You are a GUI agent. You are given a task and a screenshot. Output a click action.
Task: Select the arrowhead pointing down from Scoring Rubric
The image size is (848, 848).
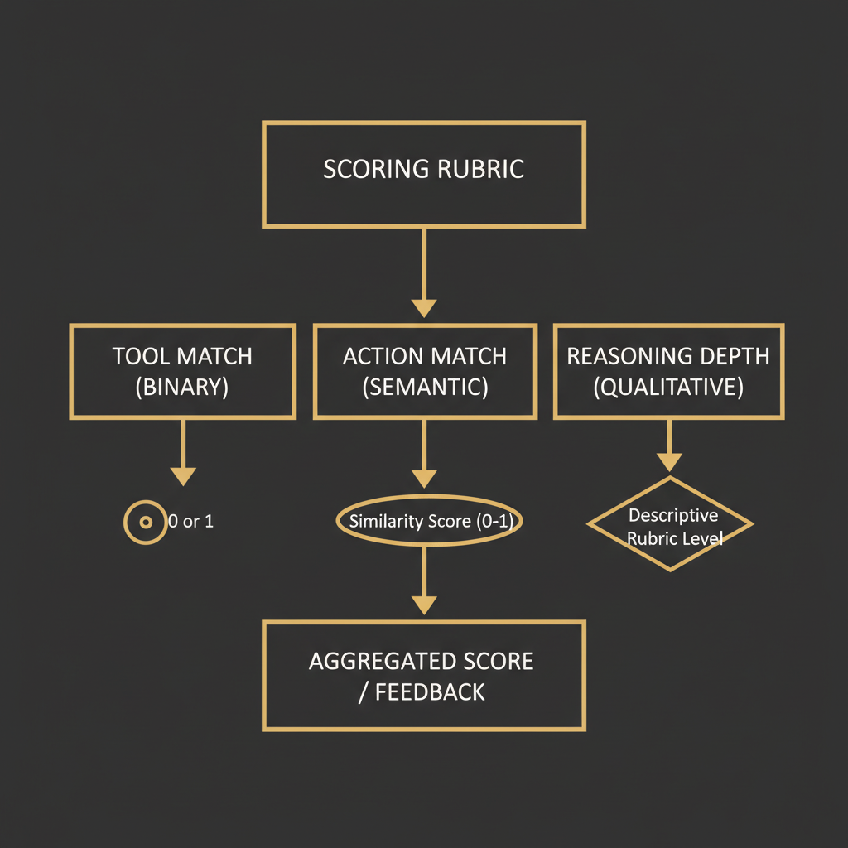click(424, 306)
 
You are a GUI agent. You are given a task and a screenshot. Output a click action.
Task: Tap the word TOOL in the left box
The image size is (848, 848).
click(139, 357)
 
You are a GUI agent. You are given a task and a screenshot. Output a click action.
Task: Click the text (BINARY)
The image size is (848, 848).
click(182, 387)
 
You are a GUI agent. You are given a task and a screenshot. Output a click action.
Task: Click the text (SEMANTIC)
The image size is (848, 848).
click(424, 387)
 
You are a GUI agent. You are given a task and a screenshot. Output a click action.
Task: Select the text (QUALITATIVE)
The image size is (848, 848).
click(668, 387)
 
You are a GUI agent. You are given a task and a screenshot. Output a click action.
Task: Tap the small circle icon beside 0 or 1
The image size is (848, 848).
click(145, 523)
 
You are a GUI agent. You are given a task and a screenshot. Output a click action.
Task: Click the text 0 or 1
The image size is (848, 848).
click(191, 523)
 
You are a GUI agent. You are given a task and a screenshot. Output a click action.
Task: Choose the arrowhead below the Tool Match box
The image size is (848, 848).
click(182, 476)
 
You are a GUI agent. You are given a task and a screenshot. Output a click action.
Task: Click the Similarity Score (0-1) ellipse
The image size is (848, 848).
click(424, 522)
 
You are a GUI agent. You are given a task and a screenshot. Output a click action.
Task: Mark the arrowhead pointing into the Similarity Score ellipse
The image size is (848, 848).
click(424, 478)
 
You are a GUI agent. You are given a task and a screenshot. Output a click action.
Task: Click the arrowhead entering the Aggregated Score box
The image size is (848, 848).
click(424, 605)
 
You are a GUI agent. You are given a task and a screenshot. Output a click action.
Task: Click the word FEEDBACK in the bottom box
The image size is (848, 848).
click(431, 692)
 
